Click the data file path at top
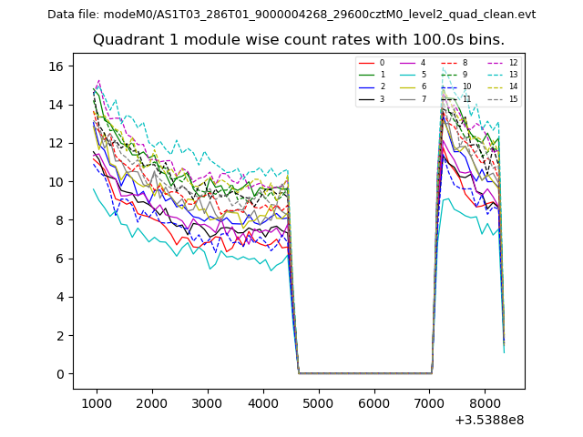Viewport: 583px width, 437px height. point(291,15)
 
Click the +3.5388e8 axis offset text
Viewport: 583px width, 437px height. point(490,420)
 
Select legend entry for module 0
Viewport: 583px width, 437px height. point(382,63)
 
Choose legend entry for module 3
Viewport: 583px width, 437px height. point(382,98)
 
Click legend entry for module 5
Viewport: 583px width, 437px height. point(423,75)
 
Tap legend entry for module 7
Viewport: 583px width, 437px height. point(423,98)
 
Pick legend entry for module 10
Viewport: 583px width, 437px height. point(466,86)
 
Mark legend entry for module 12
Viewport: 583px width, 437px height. point(513,63)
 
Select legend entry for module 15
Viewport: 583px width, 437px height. point(513,98)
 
